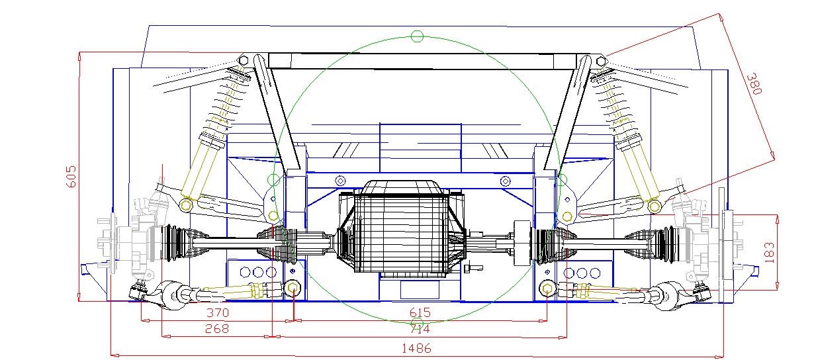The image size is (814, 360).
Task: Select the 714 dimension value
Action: (x=420, y=329)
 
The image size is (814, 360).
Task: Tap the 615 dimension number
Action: (x=420, y=312)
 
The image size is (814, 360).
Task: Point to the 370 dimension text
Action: (x=217, y=312)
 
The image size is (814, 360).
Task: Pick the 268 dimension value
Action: (x=217, y=329)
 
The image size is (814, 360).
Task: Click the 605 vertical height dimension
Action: (x=72, y=176)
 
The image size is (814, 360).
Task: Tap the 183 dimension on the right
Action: (x=769, y=253)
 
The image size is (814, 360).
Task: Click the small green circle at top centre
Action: (x=416, y=36)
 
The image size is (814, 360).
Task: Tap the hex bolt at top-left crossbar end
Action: (x=244, y=60)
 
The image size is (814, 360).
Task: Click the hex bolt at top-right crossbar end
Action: (x=601, y=61)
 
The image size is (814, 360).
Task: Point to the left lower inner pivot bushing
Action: (x=293, y=287)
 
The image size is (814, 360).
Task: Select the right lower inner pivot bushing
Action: (x=547, y=289)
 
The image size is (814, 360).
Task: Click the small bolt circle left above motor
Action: (x=341, y=180)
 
